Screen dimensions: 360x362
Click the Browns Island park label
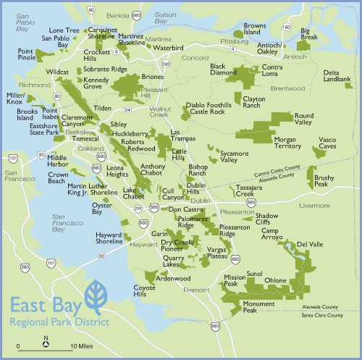[x=255, y=30]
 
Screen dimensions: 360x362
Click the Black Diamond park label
[x=223, y=70]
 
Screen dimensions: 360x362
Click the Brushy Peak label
[x=324, y=182]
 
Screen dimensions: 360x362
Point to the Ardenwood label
[x=173, y=278]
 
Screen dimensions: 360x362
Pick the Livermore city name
[x=314, y=205]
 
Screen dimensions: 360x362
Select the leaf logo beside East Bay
[x=95, y=298]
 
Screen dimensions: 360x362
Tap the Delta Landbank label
[x=337, y=76]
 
